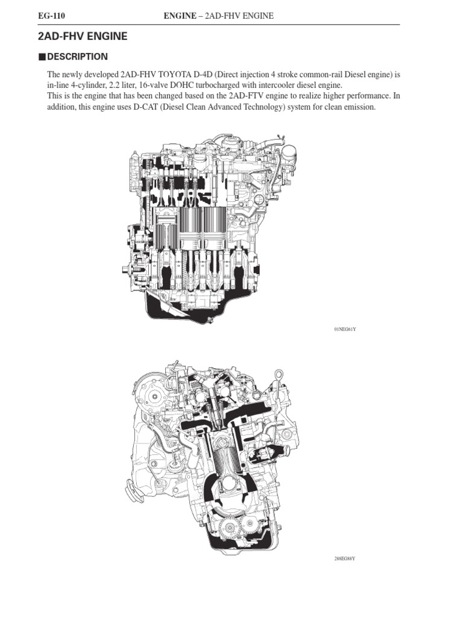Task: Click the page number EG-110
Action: coord(51,16)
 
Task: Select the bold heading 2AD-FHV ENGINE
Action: coord(83,37)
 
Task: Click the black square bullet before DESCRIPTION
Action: coord(42,57)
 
